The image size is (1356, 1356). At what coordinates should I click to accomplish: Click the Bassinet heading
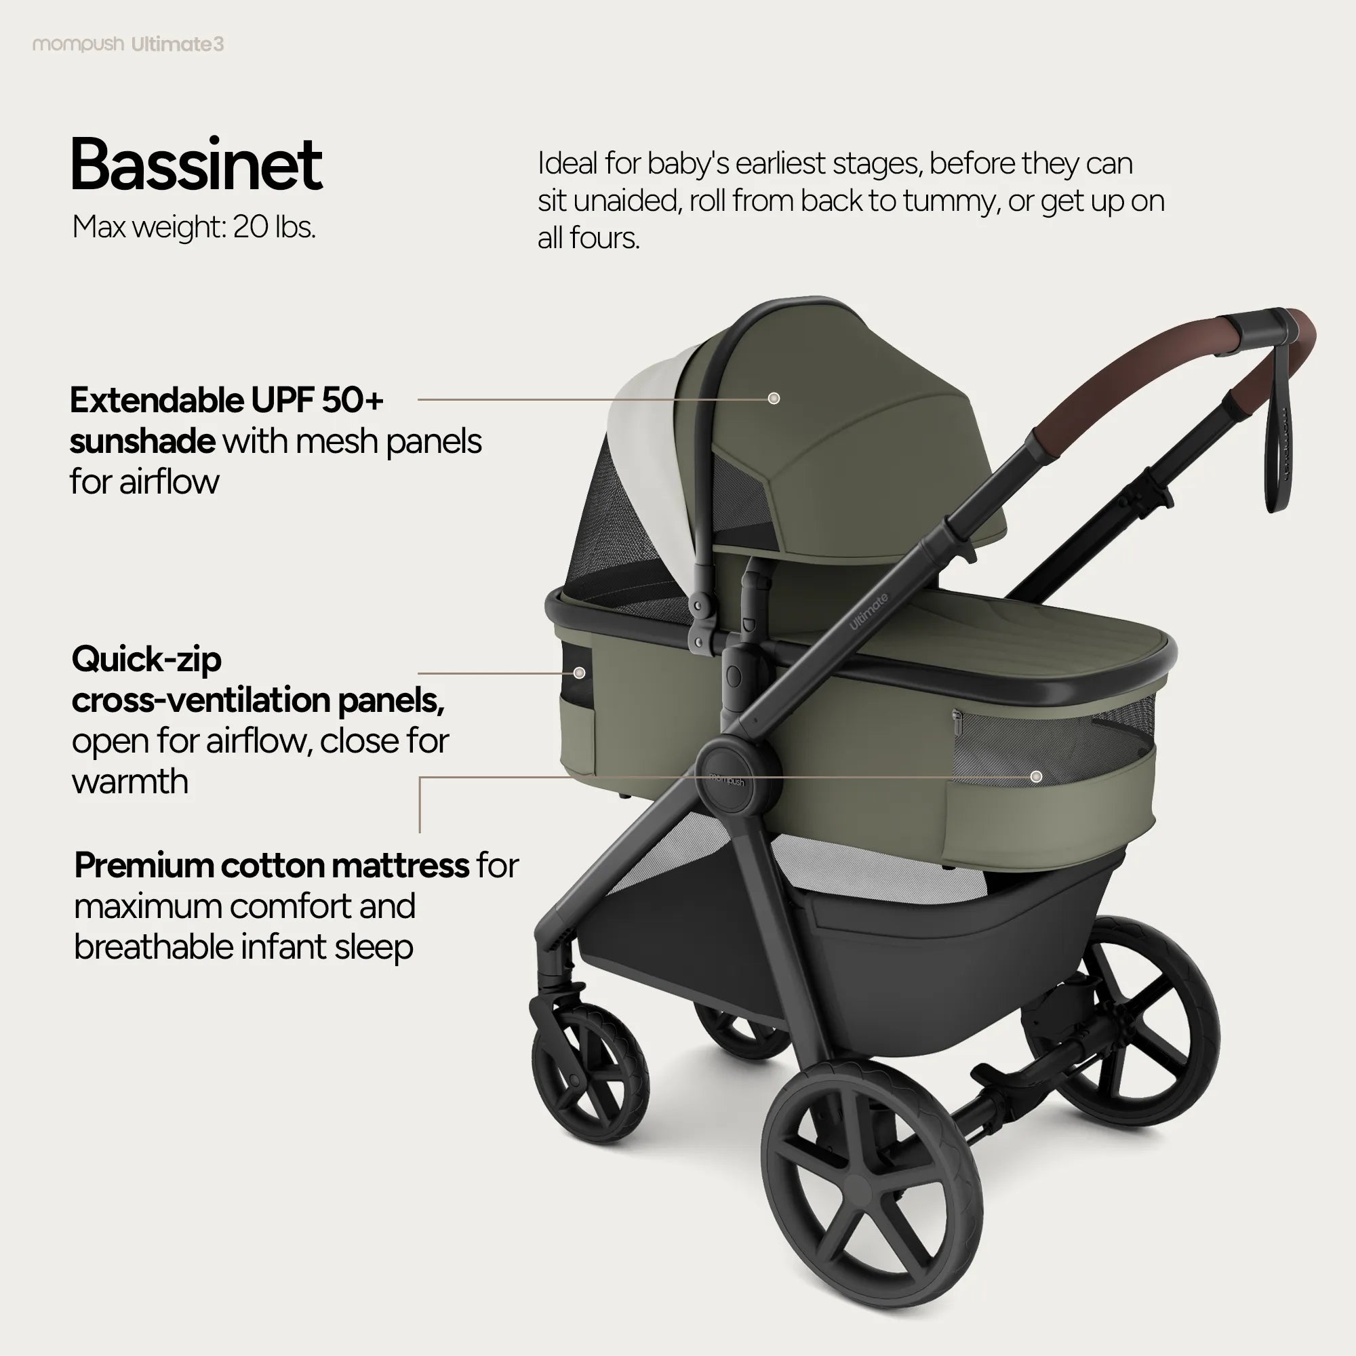coord(196,165)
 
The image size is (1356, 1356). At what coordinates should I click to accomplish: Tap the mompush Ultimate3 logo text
coord(127,44)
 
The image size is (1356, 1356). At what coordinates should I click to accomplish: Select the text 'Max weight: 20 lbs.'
coord(194,226)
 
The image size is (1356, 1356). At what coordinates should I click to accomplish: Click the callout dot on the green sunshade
coord(774,399)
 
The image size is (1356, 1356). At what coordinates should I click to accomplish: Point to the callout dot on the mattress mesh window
coord(1036,776)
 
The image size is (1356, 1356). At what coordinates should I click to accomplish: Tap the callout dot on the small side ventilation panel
coord(579,673)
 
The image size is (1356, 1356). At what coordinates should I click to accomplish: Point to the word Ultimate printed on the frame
coord(869,612)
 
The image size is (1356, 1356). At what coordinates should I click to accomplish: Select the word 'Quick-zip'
coord(146,660)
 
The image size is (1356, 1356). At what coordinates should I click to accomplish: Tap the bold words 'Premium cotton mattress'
coord(272,864)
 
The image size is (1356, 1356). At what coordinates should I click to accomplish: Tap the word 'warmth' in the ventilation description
coord(130,781)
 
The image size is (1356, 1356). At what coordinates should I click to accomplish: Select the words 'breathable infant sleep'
coord(243,946)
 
